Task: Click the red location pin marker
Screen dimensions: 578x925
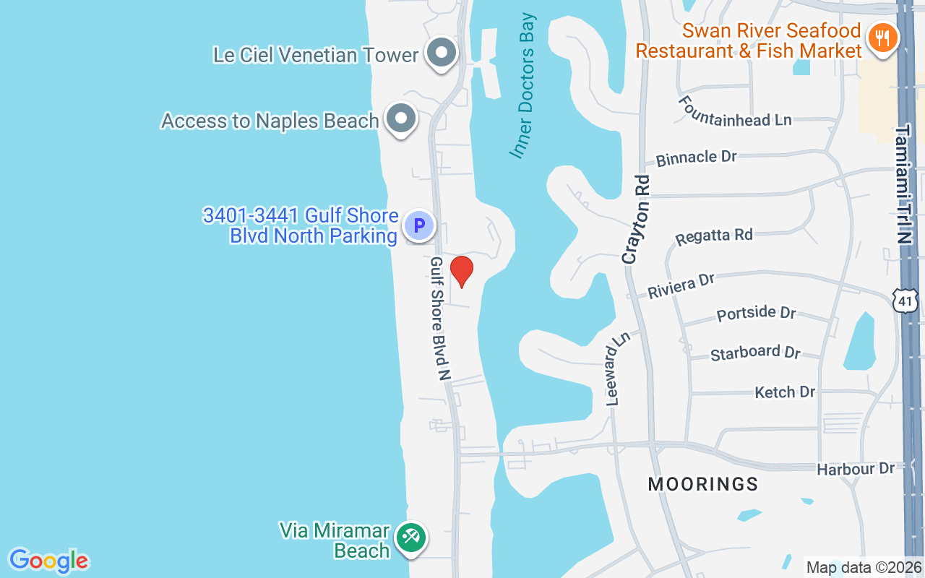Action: click(461, 272)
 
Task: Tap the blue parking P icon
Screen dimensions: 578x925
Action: click(418, 225)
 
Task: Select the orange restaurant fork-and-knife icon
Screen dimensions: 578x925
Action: click(882, 37)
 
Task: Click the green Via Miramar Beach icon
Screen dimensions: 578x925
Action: click(411, 538)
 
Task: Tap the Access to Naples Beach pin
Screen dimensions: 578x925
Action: click(400, 118)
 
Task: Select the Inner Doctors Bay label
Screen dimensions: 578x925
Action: click(522, 85)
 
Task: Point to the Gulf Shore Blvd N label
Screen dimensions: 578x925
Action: click(440, 318)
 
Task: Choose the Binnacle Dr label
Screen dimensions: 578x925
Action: click(696, 158)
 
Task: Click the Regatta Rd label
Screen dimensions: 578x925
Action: click(713, 236)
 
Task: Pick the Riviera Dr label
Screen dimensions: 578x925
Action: click(681, 285)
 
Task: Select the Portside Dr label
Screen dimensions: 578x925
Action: click(756, 314)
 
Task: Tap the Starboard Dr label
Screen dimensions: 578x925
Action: click(755, 353)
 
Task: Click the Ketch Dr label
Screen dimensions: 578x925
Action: click(785, 392)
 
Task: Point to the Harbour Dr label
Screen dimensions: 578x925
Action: click(856, 469)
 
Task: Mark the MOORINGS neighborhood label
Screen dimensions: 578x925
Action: click(702, 484)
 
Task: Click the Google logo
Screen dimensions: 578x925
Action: click(48, 561)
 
